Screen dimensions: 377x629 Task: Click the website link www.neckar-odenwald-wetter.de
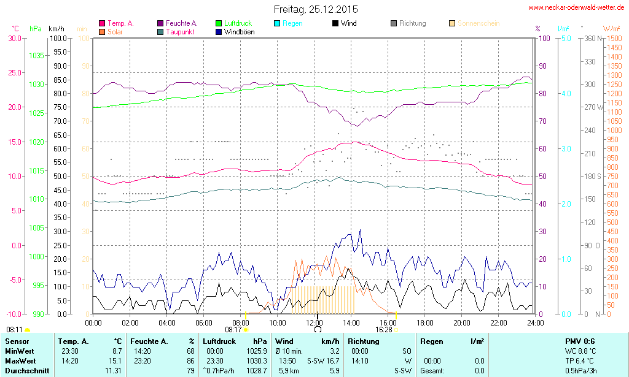point(576,8)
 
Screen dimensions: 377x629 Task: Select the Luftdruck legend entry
point(236,23)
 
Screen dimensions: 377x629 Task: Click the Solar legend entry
point(115,31)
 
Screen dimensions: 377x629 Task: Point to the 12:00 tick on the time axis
point(314,322)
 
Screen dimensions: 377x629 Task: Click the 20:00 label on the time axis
point(462,322)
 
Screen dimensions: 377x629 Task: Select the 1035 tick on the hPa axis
point(36,55)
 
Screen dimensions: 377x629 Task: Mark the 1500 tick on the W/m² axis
point(614,38)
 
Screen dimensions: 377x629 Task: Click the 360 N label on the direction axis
point(592,38)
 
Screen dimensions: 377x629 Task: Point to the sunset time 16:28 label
point(384,329)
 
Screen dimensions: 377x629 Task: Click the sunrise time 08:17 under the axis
point(233,329)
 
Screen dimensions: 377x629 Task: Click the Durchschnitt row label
point(26,371)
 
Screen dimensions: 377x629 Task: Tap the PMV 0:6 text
point(580,341)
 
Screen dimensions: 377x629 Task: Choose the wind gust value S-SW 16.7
point(324,360)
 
